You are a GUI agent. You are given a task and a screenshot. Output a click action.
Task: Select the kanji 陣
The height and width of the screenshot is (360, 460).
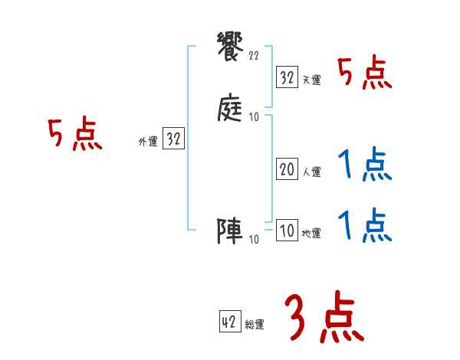click(x=231, y=231)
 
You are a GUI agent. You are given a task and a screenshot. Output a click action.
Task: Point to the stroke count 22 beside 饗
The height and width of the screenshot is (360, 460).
click(x=254, y=55)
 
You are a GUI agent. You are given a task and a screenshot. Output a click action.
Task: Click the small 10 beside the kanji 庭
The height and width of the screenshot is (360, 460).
click(x=254, y=118)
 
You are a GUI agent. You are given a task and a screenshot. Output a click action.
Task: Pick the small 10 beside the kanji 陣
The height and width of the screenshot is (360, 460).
click(x=254, y=239)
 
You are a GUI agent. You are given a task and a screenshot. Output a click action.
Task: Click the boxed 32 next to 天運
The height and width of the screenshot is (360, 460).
click(x=287, y=77)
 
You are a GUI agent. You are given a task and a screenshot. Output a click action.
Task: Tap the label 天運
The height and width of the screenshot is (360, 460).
click(x=311, y=80)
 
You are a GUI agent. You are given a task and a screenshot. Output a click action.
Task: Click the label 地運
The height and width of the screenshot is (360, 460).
click(x=311, y=234)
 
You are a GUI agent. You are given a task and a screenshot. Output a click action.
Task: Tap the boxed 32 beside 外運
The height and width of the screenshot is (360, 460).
click(x=173, y=139)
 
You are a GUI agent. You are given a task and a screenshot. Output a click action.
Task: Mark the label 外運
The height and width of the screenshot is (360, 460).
click(x=148, y=142)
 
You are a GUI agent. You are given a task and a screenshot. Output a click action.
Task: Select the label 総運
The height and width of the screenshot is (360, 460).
click(x=254, y=325)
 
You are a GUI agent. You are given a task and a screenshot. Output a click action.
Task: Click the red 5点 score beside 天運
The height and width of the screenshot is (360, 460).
click(x=365, y=74)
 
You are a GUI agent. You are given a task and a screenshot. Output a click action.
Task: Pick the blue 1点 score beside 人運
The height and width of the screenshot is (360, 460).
click(x=365, y=165)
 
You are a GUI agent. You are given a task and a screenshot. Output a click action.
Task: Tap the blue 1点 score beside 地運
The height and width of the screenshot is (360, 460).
click(x=365, y=225)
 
